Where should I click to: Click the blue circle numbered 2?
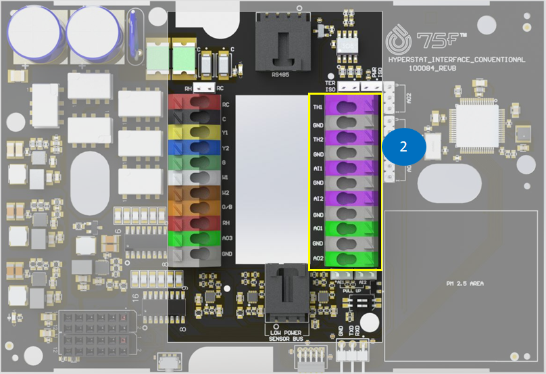point(403,147)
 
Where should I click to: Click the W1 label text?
point(226,178)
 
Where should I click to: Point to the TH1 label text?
point(318,108)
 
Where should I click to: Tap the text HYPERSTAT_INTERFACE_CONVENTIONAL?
point(457,60)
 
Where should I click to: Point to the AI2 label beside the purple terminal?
point(318,200)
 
